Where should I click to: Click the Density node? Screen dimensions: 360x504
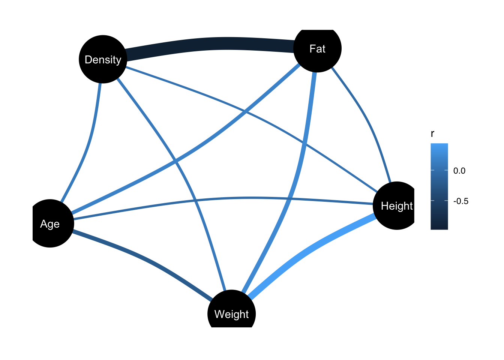point(103,59)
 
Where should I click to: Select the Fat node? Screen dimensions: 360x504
point(317,48)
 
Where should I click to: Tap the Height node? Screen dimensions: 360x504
point(396,205)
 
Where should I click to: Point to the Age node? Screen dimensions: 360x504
point(50,223)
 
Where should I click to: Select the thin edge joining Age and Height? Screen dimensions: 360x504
point(225,198)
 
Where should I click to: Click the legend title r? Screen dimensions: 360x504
point(432,134)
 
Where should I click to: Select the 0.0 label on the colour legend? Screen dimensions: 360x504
point(459,171)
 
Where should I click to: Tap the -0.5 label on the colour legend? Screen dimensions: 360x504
point(460,201)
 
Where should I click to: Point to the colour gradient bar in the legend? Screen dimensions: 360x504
point(439,186)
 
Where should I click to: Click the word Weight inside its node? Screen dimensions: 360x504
point(231,314)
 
